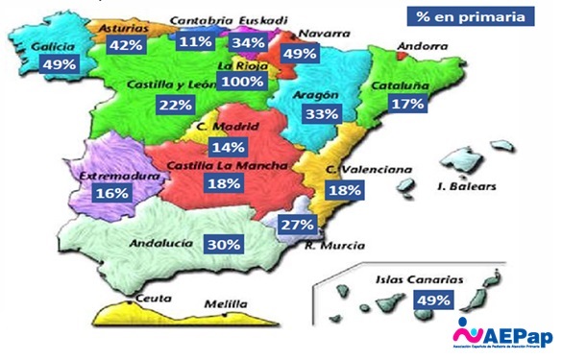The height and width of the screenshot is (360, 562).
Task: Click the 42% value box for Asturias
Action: coord(126,45)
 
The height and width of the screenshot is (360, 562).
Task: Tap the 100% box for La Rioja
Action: coord(241,82)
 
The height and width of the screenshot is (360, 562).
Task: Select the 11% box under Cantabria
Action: coord(196,41)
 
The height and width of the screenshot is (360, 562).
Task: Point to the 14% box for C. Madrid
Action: coord(229,148)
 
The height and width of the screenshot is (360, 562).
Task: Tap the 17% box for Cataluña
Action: coord(408,104)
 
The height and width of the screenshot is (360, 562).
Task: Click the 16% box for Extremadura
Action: coord(111,192)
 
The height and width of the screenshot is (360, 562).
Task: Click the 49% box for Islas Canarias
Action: coord(433,300)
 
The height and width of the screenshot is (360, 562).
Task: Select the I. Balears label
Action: coord(466,185)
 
